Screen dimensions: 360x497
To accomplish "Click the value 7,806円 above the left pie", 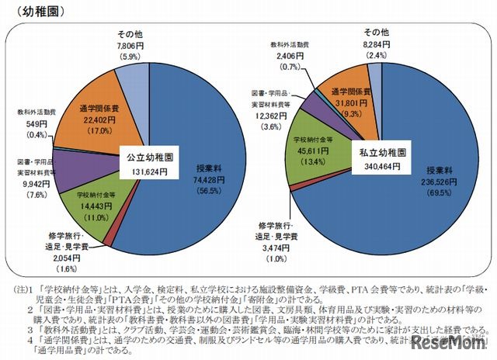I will pyautogui.click(x=133, y=46).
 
